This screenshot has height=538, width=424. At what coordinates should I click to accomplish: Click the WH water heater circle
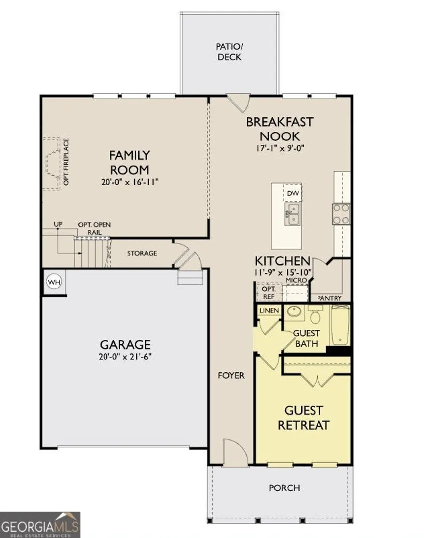click(54, 282)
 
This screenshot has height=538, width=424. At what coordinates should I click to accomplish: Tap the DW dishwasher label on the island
click(293, 193)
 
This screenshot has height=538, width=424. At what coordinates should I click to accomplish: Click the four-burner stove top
click(341, 214)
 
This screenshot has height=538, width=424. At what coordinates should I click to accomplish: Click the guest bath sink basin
click(294, 311)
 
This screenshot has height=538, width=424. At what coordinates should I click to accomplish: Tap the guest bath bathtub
click(340, 326)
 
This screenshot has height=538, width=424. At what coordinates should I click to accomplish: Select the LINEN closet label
click(269, 310)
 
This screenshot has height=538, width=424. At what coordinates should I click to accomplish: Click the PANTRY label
click(329, 298)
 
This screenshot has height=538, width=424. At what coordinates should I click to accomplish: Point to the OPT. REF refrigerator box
click(269, 293)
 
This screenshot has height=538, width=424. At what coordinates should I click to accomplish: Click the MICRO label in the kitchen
click(296, 280)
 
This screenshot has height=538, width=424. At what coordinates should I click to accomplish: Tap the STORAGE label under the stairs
click(142, 253)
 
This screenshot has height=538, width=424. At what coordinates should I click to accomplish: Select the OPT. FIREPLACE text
click(66, 162)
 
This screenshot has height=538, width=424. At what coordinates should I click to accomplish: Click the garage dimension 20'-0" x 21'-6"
click(125, 357)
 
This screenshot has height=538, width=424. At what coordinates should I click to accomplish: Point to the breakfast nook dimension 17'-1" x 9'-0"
click(280, 148)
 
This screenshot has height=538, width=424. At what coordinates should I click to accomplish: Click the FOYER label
click(231, 376)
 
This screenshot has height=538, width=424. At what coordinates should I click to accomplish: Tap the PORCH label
click(284, 488)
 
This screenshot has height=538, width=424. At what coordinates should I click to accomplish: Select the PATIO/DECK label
click(229, 51)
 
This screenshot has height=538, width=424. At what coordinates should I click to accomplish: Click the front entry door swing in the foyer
click(235, 452)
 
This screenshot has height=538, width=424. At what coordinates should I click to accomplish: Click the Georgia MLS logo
click(40, 525)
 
